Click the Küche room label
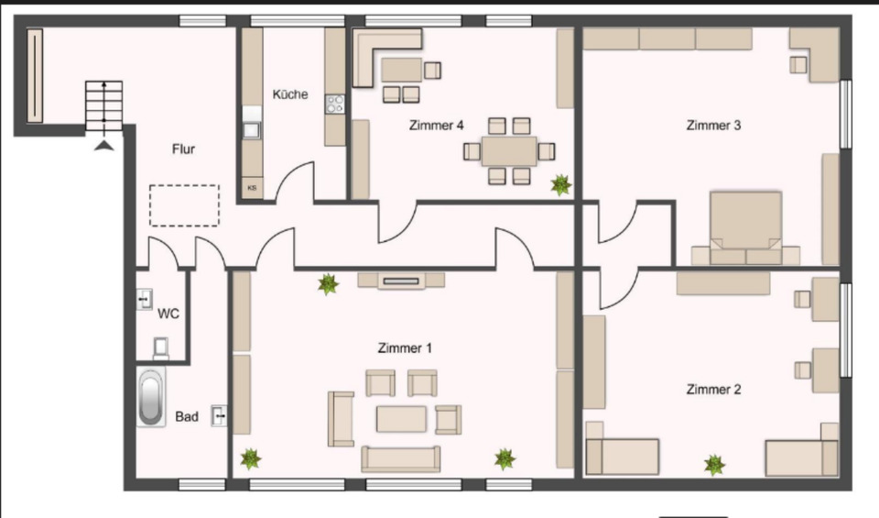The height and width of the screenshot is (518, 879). tap(289, 94)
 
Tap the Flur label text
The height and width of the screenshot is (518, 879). tap(184, 148)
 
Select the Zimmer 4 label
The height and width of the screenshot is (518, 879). tap(436, 126)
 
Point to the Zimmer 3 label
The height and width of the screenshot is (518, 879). tap(713, 126)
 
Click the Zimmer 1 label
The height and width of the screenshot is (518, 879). tap(404, 348)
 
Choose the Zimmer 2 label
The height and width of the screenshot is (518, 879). tap(713, 390)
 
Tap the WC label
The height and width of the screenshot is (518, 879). tap(168, 314)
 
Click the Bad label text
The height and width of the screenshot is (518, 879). tap(187, 417)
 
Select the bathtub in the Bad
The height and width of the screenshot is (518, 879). tap(151, 397)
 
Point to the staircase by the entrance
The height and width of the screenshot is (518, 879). tap(104, 106)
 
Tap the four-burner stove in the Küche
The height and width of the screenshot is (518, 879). tap(334, 105)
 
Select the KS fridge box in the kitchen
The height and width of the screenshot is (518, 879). tap(252, 188)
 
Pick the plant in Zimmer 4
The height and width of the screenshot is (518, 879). tap(560, 185)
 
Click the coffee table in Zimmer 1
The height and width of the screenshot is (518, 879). tap(401, 419)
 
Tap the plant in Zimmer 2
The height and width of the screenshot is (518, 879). tap(714, 465)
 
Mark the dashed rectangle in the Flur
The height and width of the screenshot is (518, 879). tap(184, 205)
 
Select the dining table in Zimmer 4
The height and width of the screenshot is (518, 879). tap(509, 150)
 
